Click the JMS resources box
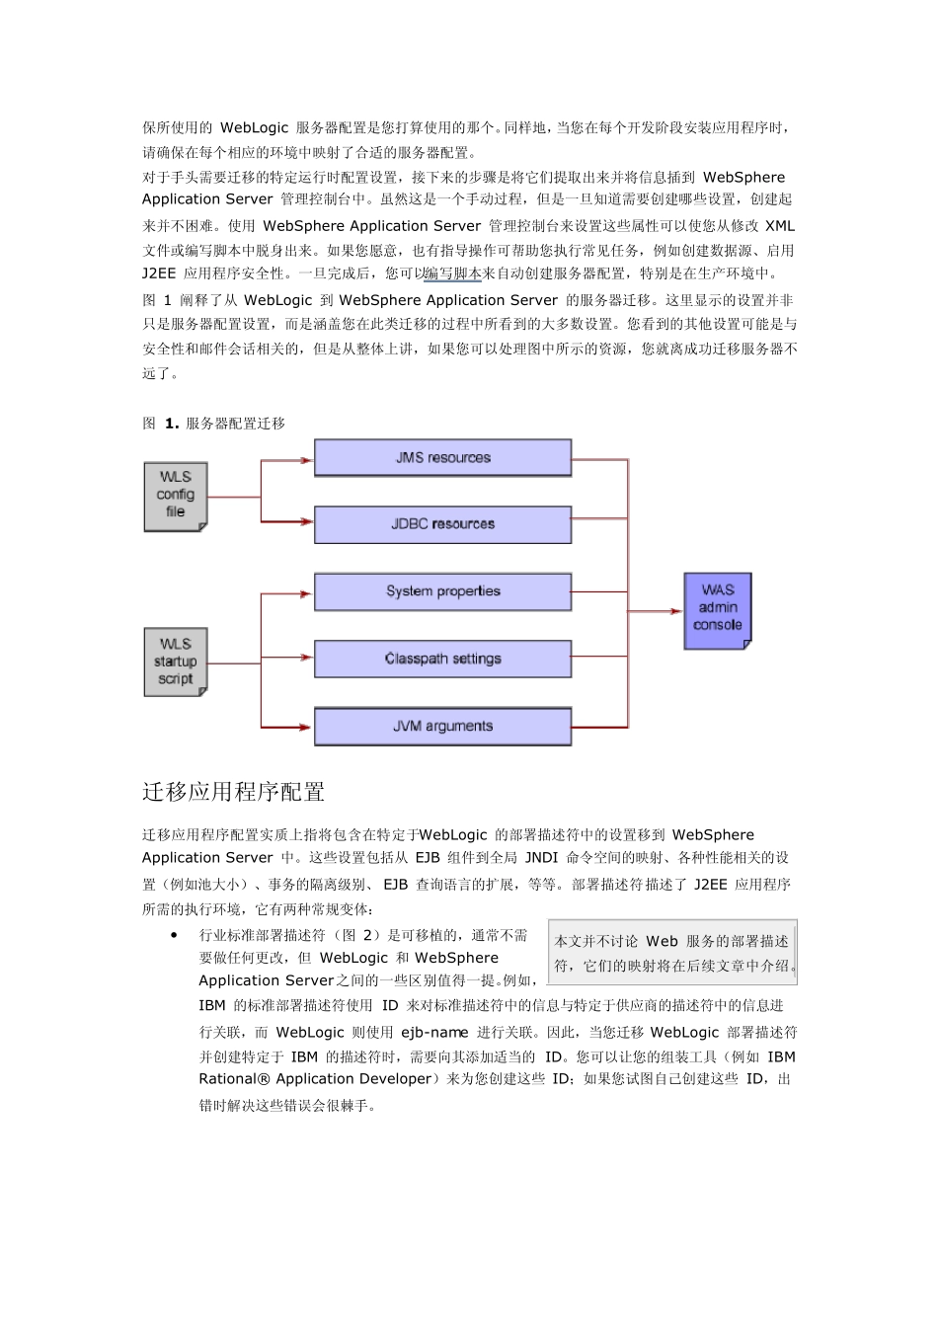pyautogui.click(x=442, y=458)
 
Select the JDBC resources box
pyautogui.click(x=442, y=524)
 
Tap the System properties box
pyautogui.click(x=442, y=591)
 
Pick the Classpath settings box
pyautogui.click(x=442, y=659)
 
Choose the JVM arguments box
pyautogui.click(x=442, y=726)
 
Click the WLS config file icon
pyautogui.click(x=176, y=496)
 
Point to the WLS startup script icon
pyautogui.click(x=176, y=662)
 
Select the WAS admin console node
pyautogui.click(x=718, y=610)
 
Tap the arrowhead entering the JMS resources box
pyautogui.click(x=306, y=460)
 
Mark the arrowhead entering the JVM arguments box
pyautogui.click(x=306, y=728)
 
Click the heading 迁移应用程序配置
pyautogui.click(x=233, y=792)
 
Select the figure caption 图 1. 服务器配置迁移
pyautogui.click(x=214, y=424)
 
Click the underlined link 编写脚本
pyautogui.click(x=453, y=273)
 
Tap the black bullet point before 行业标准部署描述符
pyautogui.click(x=174, y=934)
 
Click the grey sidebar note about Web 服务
pyautogui.click(x=672, y=953)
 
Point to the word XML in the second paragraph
pyautogui.click(x=780, y=226)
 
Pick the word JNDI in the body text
pyautogui.click(x=541, y=858)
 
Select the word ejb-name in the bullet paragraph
pyautogui.click(x=434, y=1033)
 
